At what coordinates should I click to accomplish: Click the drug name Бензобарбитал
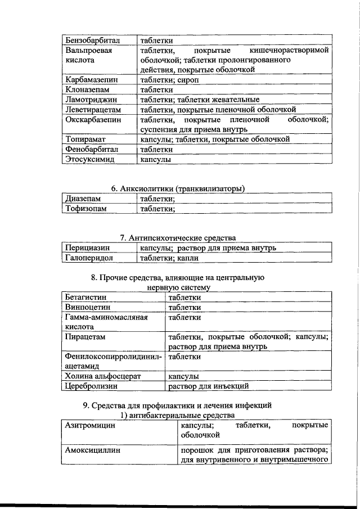pos(92,40)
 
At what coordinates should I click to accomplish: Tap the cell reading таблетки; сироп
pos(167,80)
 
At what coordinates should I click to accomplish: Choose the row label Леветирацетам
pos(94,110)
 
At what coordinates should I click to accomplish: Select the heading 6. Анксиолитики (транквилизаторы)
pos(178,188)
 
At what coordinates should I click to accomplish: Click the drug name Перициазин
pos(87,248)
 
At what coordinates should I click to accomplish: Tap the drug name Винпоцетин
pos(87,307)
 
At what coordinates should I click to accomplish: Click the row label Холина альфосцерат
pos(102,376)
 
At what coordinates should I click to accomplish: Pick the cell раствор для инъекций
pos(208,386)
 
